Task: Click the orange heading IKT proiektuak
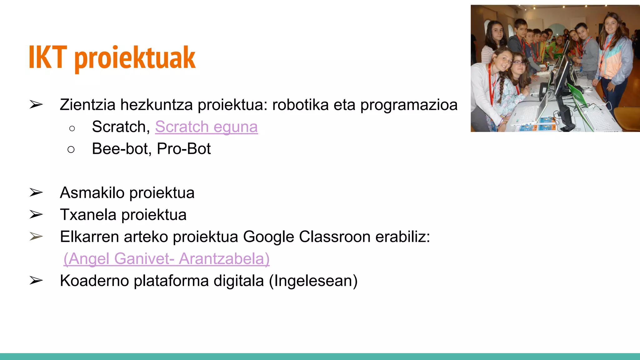pos(112,57)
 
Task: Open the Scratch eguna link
pos(206,127)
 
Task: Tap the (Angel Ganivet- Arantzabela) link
pos(166,259)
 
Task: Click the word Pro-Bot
pos(184,149)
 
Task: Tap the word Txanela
pos(88,215)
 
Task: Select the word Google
pos(268,237)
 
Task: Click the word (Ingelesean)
pos(313,281)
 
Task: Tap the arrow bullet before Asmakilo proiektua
pos(36,192)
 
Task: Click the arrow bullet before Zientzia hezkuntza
pos(36,104)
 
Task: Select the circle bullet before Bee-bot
pos(71,149)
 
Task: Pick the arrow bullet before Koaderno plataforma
pos(36,281)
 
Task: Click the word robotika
pos(300,105)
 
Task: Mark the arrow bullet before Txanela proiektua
pos(36,215)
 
